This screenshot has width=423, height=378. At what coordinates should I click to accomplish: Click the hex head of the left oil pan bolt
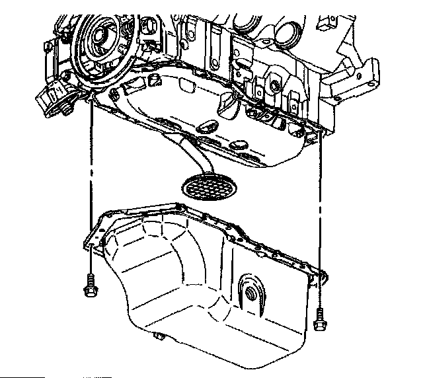[87, 289]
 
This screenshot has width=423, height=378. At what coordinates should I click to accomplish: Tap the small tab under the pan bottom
[157, 339]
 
